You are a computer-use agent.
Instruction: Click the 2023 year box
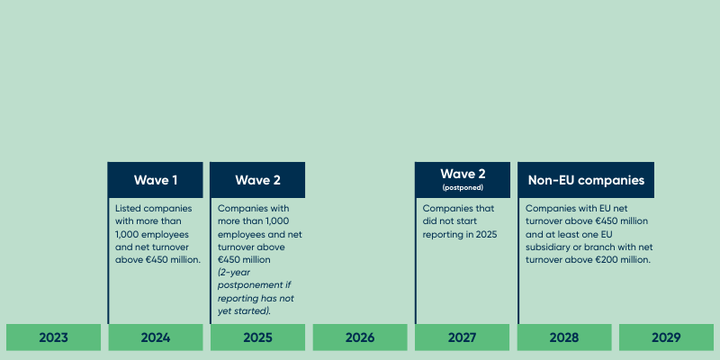pos(53,337)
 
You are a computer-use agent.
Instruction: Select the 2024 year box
pos(156,337)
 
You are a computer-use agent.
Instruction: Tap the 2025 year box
pos(257,337)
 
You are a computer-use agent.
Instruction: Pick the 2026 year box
pos(360,337)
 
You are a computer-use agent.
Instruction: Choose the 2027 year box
pos(463,337)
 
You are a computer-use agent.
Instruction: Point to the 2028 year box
pos(564,337)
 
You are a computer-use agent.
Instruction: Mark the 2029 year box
pos(667,337)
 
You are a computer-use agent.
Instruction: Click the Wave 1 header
pos(156,180)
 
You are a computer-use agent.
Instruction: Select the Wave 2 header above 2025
pos(257,180)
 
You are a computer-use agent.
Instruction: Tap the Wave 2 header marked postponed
pos(463,175)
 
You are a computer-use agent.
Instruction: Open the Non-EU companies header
pos(586,180)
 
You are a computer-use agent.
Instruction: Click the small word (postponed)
pos(463,188)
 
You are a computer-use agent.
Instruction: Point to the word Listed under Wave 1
pos(129,208)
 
